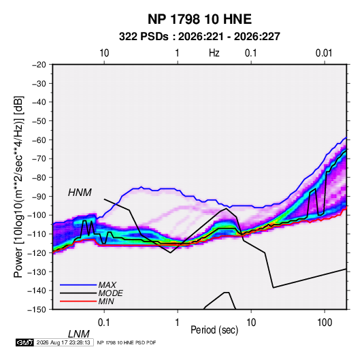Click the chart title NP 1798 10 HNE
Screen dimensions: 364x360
pos(199,19)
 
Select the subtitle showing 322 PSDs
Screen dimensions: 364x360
pos(199,37)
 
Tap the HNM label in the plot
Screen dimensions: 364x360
pos(80,193)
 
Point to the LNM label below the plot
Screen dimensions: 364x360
pos(78,334)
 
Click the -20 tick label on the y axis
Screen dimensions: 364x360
pos(39,65)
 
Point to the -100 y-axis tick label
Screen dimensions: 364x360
pos(37,215)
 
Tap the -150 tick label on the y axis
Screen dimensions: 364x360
pos(37,310)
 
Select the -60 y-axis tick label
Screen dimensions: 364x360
pos(39,140)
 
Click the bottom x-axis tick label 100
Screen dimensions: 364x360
pos(325,323)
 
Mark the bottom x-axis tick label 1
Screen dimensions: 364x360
pos(178,323)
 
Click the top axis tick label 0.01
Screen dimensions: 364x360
pos(324,53)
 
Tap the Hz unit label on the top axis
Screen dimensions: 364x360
pos(214,53)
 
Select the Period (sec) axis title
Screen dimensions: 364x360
pos(214,330)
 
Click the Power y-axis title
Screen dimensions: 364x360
pos(18,186)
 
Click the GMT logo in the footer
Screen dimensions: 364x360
pos(25,342)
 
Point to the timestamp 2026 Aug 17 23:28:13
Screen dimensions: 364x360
pos(63,342)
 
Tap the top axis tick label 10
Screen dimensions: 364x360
pos(104,53)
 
